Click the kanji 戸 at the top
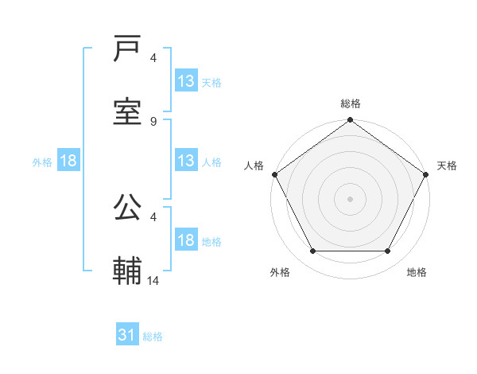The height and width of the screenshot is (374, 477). tap(127, 49)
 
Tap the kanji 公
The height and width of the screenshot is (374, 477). tap(127, 208)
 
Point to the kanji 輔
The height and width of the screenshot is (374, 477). tap(127, 271)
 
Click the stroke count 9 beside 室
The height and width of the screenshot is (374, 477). tap(153, 121)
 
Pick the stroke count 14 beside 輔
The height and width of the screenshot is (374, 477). tap(153, 281)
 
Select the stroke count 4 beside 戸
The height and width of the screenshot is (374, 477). tap(153, 58)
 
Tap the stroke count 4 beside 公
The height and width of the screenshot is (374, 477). tap(153, 216)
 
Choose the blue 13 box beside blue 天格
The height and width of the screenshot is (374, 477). tap(185, 81)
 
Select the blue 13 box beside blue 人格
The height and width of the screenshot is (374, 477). tap(185, 162)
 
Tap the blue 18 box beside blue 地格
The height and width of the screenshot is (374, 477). tap(185, 241)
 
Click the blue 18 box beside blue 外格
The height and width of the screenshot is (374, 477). tap(68, 162)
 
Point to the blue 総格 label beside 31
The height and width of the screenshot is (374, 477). tap(153, 337)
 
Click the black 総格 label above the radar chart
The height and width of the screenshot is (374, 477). tap(351, 103)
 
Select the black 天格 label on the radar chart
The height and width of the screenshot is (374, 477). tap(448, 166)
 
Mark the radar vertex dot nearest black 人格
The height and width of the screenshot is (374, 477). tap(274, 174)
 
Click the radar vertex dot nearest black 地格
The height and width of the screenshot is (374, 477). tap(388, 251)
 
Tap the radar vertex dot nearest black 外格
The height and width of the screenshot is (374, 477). tap(312, 251)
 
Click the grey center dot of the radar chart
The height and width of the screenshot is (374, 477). tap(350, 199)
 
